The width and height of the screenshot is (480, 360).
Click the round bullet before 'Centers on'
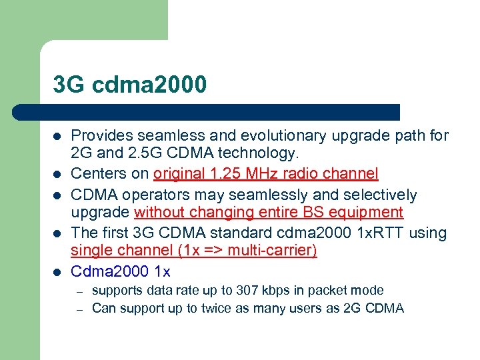pyautogui.click(x=57, y=175)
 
